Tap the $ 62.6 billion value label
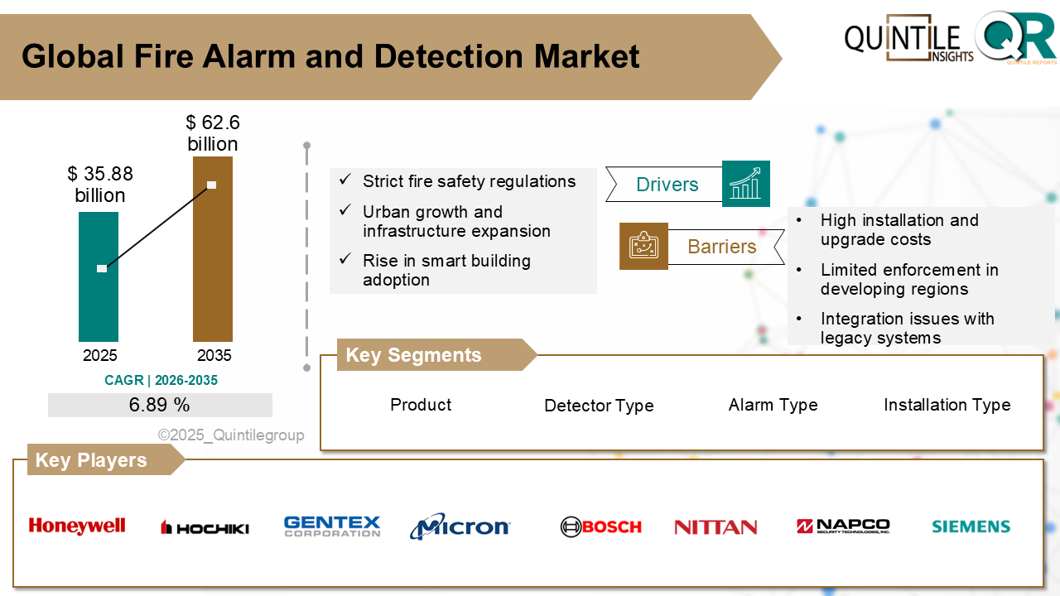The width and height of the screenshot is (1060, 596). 213,133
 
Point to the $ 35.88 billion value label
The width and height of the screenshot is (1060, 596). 100,185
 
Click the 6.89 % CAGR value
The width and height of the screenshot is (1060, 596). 160,405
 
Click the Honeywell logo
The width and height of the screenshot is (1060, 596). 77,526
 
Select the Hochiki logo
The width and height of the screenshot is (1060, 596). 205,527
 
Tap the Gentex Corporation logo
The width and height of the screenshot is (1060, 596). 332,526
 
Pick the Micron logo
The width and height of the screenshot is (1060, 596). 460,526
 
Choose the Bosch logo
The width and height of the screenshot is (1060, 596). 600,526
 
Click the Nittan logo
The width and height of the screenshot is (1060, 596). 715,526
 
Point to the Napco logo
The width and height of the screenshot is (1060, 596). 843,526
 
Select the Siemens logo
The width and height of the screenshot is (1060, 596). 971,526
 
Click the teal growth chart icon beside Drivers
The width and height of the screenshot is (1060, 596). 745,184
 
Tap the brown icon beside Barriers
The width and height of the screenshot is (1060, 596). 643,246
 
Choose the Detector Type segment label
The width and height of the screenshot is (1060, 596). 599,406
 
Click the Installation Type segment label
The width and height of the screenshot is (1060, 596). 947,405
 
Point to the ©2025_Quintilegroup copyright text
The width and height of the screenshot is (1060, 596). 231,435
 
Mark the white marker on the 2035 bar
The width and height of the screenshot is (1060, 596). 212,185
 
